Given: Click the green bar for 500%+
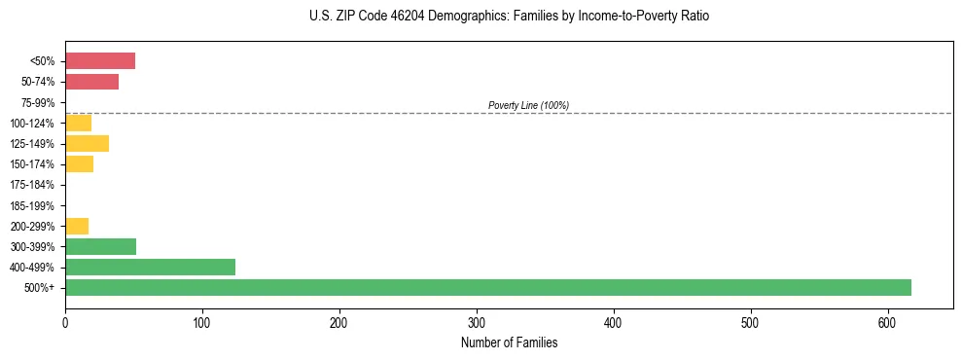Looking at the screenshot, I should [x=487, y=287].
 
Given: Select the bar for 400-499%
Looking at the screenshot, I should [x=150, y=267].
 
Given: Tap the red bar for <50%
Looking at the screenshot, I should [x=100, y=61].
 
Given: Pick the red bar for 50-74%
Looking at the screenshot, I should [x=91, y=82].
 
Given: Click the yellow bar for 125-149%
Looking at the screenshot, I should [x=87, y=143].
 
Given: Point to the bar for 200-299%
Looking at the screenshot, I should [x=77, y=226].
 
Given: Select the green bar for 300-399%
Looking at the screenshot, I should [x=100, y=246].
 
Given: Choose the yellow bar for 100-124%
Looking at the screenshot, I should [x=78, y=123].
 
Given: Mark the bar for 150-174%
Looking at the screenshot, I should [x=79, y=163].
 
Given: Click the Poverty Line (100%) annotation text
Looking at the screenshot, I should [x=528, y=105].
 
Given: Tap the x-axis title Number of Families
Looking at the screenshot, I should [x=509, y=342].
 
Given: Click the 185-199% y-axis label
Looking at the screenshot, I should [x=34, y=205].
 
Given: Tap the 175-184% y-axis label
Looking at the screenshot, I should [x=34, y=185].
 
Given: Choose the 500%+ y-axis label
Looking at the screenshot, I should [x=41, y=288].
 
